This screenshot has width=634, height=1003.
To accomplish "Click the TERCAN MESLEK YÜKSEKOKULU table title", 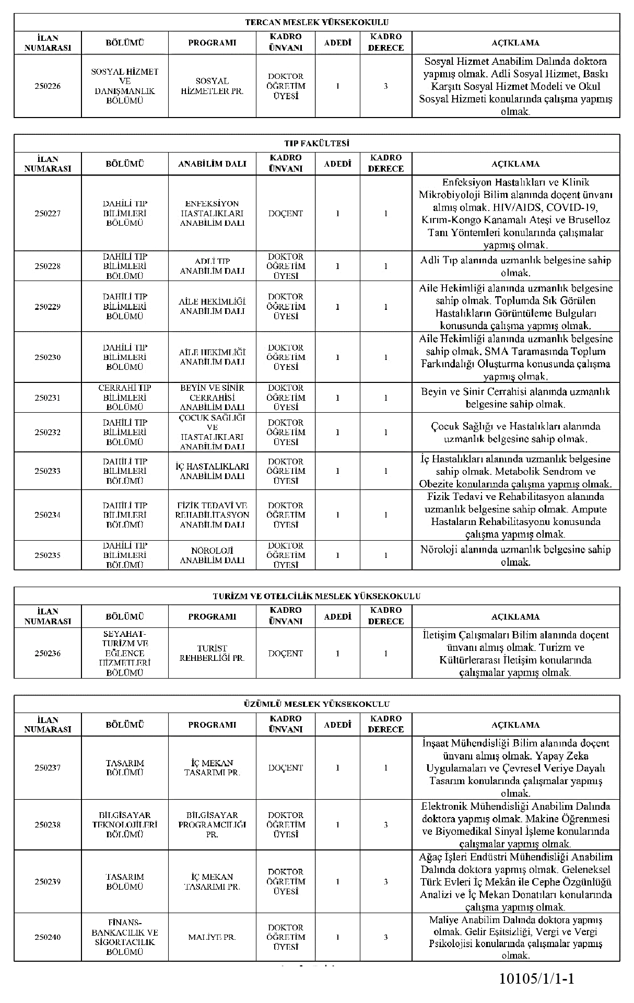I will click(316, 22).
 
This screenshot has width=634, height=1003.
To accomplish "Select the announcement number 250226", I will click(48, 86).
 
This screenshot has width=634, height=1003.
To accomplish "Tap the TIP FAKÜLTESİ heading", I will click(316, 143).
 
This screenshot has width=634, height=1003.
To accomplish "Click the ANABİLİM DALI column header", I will click(212, 164).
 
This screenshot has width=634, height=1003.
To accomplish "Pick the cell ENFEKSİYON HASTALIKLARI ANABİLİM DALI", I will click(212, 213).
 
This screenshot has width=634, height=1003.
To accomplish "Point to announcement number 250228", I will click(48, 266).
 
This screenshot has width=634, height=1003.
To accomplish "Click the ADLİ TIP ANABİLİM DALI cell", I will click(212, 266).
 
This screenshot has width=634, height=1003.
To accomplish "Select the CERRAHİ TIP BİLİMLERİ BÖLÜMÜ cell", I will click(125, 398).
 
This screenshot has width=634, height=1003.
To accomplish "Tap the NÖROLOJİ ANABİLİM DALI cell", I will click(212, 555).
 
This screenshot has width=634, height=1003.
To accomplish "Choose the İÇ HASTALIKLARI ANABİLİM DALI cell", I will click(212, 471).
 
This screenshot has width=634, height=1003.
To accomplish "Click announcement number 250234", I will click(48, 515).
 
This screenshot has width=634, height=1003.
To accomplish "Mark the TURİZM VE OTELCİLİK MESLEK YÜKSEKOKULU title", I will click(316, 596).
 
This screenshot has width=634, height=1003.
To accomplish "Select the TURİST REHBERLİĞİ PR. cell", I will click(212, 653).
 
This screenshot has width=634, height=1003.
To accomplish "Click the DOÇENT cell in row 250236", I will click(285, 653).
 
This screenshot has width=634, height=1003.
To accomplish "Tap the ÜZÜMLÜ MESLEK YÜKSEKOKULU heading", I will click(316, 704).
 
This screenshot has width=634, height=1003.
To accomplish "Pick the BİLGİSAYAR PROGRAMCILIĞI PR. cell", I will click(212, 824).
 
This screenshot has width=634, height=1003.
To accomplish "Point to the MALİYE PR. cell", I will click(212, 937).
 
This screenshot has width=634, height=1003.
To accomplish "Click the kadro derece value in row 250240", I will click(385, 937).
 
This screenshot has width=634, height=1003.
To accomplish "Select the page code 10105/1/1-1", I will click(536, 978).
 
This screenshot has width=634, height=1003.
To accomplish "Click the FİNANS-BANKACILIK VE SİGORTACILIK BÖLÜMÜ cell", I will click(125, 937).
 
